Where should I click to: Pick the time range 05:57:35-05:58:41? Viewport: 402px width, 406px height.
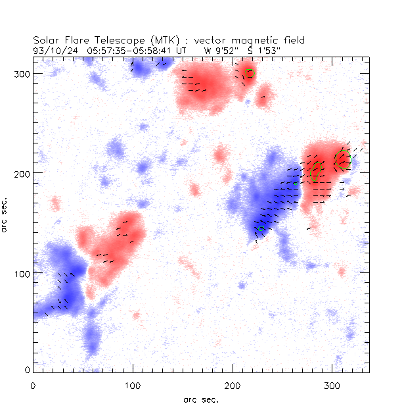pyautogui.click(x=129, y=49)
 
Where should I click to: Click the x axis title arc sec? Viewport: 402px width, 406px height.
pyautogui.click(x=201, y=399)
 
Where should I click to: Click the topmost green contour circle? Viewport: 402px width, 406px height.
pyautogui.click(x=249, y=74)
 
